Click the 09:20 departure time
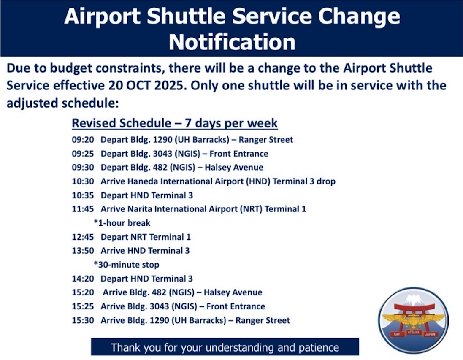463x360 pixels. click(x=83, y=140)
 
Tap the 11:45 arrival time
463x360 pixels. click(x=83, y=209)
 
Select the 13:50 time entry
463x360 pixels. click(x=83, y=251)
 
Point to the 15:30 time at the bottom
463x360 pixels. click(x=83, y=320)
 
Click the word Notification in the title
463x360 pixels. click(x=232, y=42)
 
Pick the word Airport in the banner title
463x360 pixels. click(x=102, y=16)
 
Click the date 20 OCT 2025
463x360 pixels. click(x=147, y=86)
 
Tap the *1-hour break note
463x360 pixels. click(x=122, y=223)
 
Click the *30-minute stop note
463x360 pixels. click(x=126, y=265)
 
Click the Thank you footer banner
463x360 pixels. click(x=225, y=347)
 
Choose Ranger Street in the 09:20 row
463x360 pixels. click(x=266, y=140)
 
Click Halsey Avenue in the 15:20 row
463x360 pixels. click(x=233, y=292)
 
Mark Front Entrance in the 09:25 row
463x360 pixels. click(x=239, y=154)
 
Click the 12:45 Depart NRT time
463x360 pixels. click(x=83, y=237)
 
